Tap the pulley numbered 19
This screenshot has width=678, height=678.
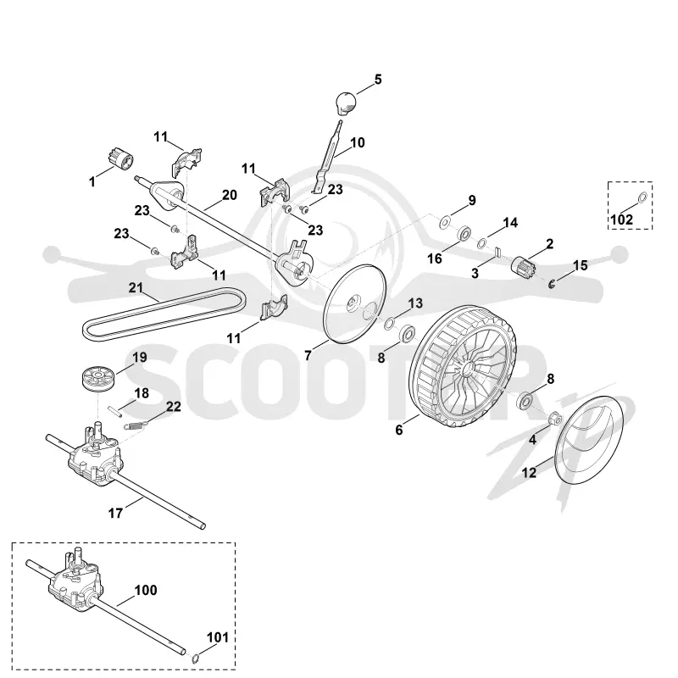tap(97, 379)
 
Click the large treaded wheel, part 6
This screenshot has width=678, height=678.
tap(463, 366)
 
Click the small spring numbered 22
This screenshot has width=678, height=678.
tap(135, 425)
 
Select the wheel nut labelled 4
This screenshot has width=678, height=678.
tap(555, 419)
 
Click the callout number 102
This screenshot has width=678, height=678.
tap(621, 220)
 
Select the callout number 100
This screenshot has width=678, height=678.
tap(146, 590)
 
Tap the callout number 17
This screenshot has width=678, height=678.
tap(115, 513)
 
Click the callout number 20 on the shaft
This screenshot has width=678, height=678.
tap(230, 195)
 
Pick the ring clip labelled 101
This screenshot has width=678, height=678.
tap(196, 659)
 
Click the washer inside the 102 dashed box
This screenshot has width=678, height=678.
tap(642, 197)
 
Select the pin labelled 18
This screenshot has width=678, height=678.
tap(115, 409)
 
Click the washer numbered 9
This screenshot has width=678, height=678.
tap(444, 223)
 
